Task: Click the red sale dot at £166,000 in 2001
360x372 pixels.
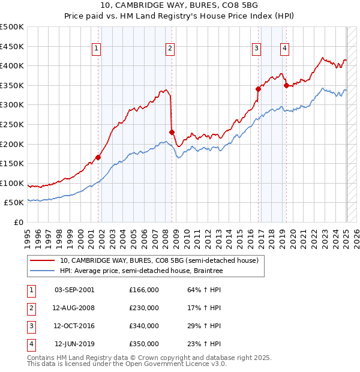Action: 98,157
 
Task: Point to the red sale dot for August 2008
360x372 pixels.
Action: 172,132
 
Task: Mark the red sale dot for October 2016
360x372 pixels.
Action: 259,89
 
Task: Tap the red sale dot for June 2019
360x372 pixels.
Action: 286,85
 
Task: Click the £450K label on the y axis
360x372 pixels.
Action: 12,46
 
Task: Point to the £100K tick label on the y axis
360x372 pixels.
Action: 12,183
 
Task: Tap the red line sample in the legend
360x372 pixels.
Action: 42,261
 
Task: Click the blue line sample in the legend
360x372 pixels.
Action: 42,271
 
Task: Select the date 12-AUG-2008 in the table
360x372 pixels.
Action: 74,308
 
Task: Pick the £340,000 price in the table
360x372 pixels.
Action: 144,326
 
